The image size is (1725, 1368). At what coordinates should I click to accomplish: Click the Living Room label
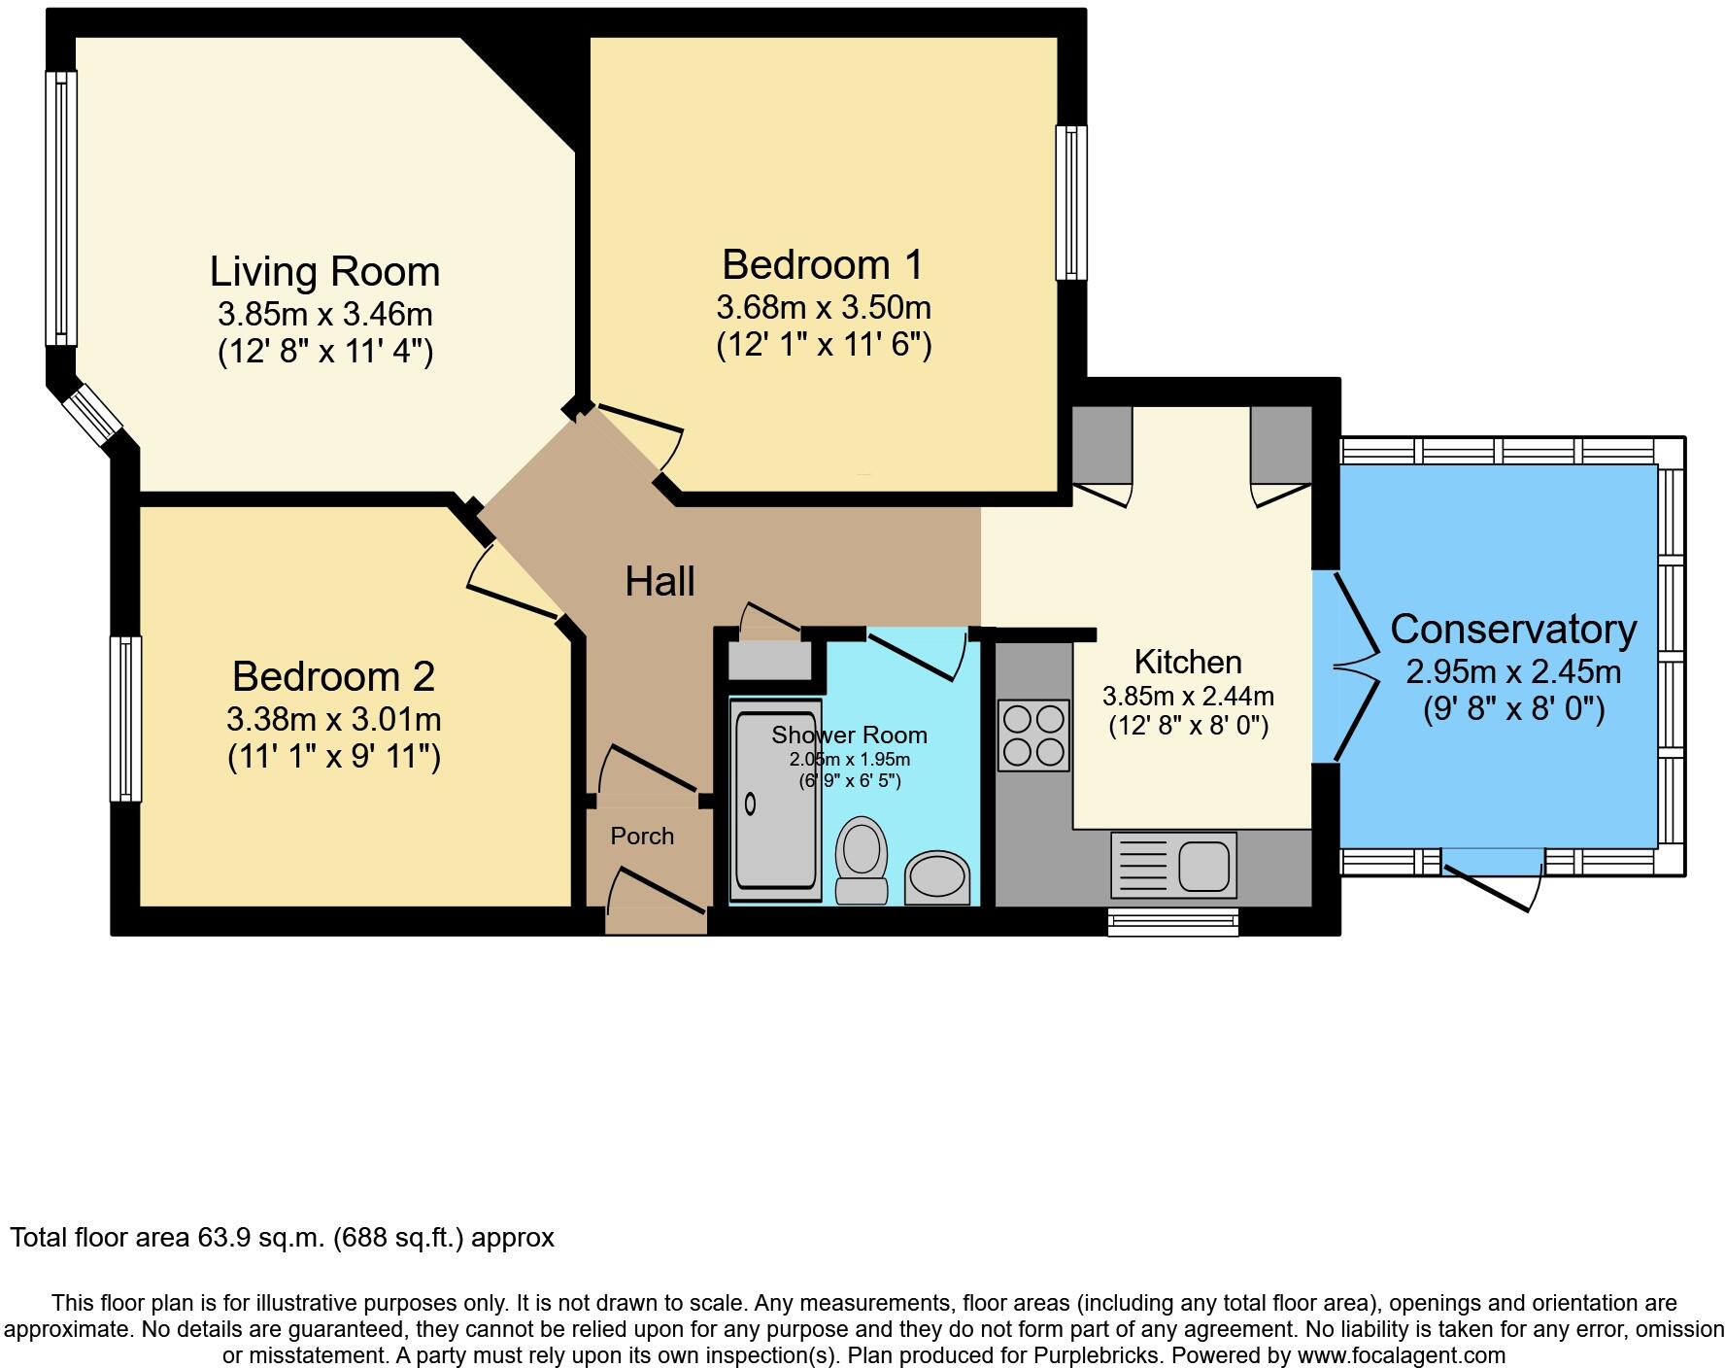324,271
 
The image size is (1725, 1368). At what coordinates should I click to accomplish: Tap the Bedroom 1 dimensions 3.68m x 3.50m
823,308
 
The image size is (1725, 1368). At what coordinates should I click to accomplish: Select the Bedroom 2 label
333,676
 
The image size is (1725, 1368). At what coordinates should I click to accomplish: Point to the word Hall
660,582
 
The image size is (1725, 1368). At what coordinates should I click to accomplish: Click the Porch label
642,836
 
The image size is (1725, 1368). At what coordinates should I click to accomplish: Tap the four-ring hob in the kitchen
1033,736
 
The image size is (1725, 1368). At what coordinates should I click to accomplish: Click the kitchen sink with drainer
1174,864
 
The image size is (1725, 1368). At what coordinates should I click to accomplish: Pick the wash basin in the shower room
938,875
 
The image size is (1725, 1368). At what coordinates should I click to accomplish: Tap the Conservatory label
1513,630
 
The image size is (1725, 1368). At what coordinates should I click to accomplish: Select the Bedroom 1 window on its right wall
1071,203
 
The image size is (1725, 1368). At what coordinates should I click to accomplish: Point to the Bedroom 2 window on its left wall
125,718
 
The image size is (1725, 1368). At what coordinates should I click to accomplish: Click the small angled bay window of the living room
93,416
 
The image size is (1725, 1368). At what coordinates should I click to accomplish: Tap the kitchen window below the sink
1173,920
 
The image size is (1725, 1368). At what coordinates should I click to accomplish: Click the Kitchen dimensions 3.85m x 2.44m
1188,696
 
